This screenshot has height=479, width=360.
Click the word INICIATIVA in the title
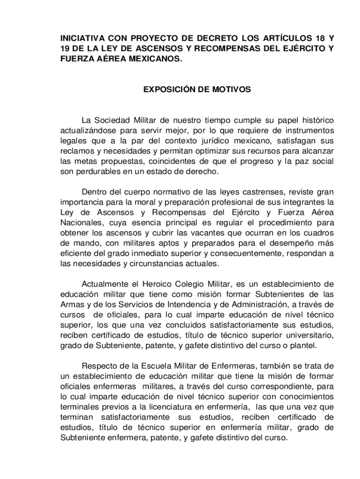pos(82,37)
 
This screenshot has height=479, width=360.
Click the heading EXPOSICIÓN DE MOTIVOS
pos(197,89)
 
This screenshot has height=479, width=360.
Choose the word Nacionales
pos(82,223)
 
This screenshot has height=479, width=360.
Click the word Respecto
pos(99,366)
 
